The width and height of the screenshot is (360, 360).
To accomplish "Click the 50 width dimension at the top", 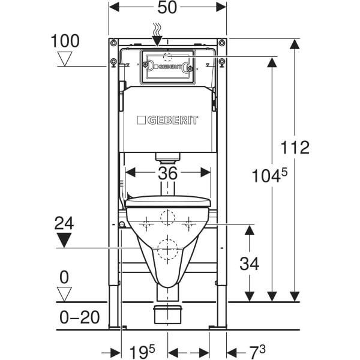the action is tap(167, 8).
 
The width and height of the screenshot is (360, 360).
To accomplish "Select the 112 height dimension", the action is tap(295, 148).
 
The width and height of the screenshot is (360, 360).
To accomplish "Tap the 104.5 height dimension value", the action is tap(269, 176).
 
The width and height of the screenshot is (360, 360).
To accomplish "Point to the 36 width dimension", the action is tap(168, 173).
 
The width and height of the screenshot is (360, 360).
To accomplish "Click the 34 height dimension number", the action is tap(250, 263).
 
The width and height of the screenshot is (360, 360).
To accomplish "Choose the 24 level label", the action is tap(64, 223).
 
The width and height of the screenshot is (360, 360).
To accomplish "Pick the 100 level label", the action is tap(65, 41).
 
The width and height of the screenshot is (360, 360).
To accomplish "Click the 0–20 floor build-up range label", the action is tap(79, 317).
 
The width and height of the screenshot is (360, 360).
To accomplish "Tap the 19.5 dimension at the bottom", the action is tap(142, 352).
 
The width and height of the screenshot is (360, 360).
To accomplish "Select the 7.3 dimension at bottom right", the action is tap(257, 352).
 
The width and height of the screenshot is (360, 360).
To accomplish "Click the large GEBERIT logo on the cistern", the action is tap(167, 120).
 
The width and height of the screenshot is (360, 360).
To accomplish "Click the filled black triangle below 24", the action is tap(64, 240).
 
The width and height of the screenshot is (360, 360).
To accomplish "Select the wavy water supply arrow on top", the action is tap(157, 34).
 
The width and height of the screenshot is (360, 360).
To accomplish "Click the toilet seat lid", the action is tap(168, 202).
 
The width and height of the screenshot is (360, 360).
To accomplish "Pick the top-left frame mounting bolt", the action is tap(113, 43).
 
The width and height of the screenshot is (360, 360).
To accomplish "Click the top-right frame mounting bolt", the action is tap(221, 43).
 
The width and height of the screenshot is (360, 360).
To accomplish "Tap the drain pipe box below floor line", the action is tap(167, 314).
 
